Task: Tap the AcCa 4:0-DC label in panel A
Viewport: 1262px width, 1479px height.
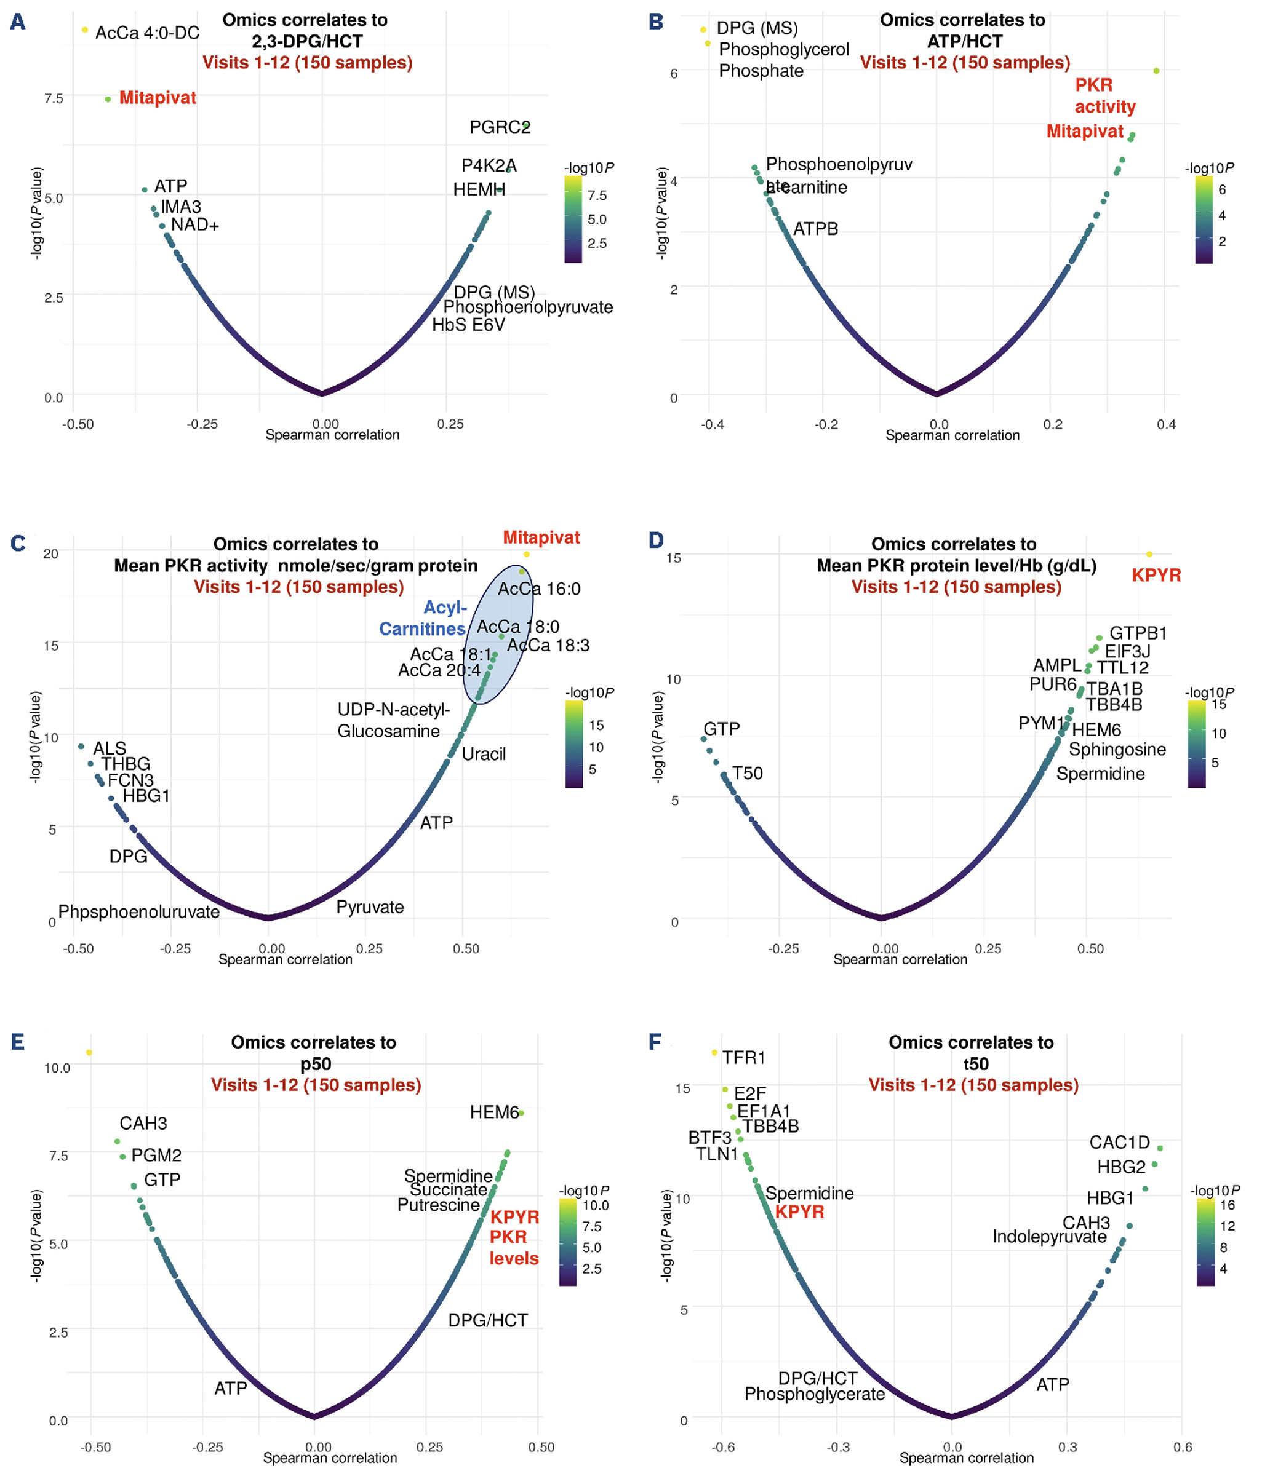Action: click(147, 33)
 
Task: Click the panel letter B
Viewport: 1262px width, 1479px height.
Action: click(656, 22)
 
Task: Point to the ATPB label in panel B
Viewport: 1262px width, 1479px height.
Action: click(815, 229)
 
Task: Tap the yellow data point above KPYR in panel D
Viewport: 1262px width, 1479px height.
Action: click(1149, 554)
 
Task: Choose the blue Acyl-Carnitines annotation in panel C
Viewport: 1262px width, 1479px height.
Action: click(423, 618)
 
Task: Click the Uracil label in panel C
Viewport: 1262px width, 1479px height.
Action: click(484, 754)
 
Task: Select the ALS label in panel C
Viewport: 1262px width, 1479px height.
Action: click(110, 748)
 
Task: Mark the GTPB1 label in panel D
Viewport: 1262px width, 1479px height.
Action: click(1138, 633)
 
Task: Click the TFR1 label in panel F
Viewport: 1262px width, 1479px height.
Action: click(743, 1057)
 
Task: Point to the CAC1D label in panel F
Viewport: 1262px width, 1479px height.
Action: click(1119, 1142)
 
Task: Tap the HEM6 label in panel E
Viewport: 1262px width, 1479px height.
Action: click(494, 1112)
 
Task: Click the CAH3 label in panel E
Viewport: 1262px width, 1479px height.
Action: click(143, 1123)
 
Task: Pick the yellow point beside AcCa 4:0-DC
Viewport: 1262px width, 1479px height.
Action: click(84, 30)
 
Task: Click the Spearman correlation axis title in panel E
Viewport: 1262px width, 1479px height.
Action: click(330, 1457)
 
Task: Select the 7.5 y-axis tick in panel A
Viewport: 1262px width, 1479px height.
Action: click(54, 98)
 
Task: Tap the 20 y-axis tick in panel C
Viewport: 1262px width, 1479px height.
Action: click(50, 553)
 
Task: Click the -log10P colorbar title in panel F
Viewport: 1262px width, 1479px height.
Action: click(1214, 1190)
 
